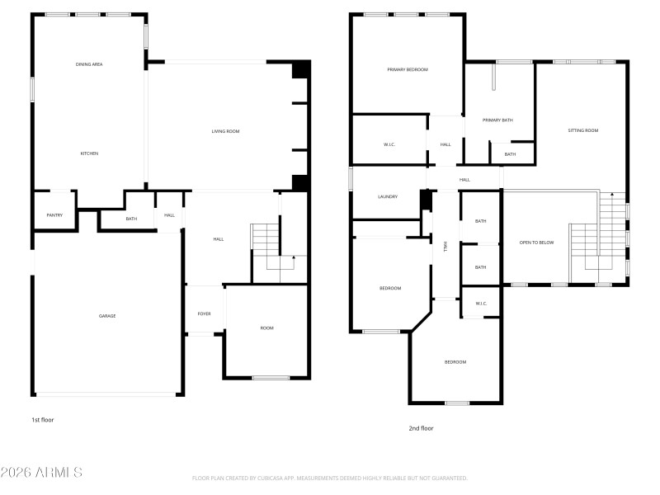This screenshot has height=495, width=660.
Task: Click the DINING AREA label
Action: click(x=88, y=64)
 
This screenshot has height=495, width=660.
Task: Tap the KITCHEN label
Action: click(x=89, y=153)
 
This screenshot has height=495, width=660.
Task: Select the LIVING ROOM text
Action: click(x=225, y=131)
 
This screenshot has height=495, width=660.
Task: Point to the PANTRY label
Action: click(x=54, y=215)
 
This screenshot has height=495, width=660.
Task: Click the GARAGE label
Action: click(x=107, y=316)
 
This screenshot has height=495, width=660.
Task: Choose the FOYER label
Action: click(x=204, y=313)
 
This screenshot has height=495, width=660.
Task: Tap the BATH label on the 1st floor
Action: click(x=131, y=219)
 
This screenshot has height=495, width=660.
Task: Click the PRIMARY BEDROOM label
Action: click(x=408, y=69)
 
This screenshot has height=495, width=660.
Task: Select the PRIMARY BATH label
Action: click(x=497, y=120)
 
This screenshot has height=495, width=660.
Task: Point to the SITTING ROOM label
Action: click(x=582, y=130)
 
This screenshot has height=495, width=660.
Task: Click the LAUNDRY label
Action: click(x=388, y=196)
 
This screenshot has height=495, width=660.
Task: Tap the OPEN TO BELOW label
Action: click(x=536, y=243)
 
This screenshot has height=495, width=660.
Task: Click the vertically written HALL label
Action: click(x=445, y=247)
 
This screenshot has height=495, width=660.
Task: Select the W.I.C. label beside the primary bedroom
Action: click(x=389, y=144)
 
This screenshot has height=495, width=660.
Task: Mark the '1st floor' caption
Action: click(x=42, y=420)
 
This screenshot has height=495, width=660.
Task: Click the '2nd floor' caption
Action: click(x=421, y=428)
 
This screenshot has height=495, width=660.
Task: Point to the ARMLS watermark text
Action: click(x=41, y=473)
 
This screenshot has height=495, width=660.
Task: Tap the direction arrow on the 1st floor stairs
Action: click(x=293, y=260)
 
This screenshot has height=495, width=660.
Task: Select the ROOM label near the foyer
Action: click(x=266, y=328)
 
